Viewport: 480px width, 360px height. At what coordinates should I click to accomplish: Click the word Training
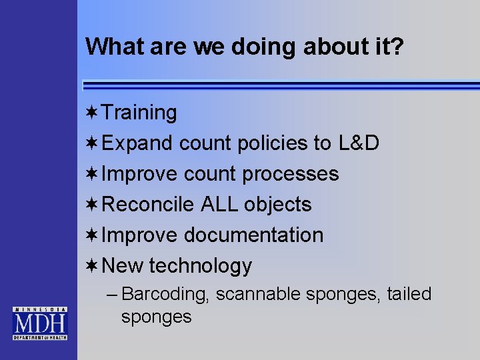coord(140,113)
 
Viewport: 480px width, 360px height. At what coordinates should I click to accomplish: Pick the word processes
coord(291,174)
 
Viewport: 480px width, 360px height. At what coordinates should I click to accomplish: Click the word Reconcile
coord(149,205)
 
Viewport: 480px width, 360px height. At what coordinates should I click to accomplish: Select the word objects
coord(278,205)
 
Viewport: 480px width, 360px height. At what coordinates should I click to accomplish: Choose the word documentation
coord(253,235)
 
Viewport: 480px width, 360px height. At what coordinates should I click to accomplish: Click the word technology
coord(201,267)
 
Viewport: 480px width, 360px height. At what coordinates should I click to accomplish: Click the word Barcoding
coord(167,295)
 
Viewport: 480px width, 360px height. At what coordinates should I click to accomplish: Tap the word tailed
coord(408,294)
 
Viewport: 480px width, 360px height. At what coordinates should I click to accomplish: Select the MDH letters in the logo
coord(39,325)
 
